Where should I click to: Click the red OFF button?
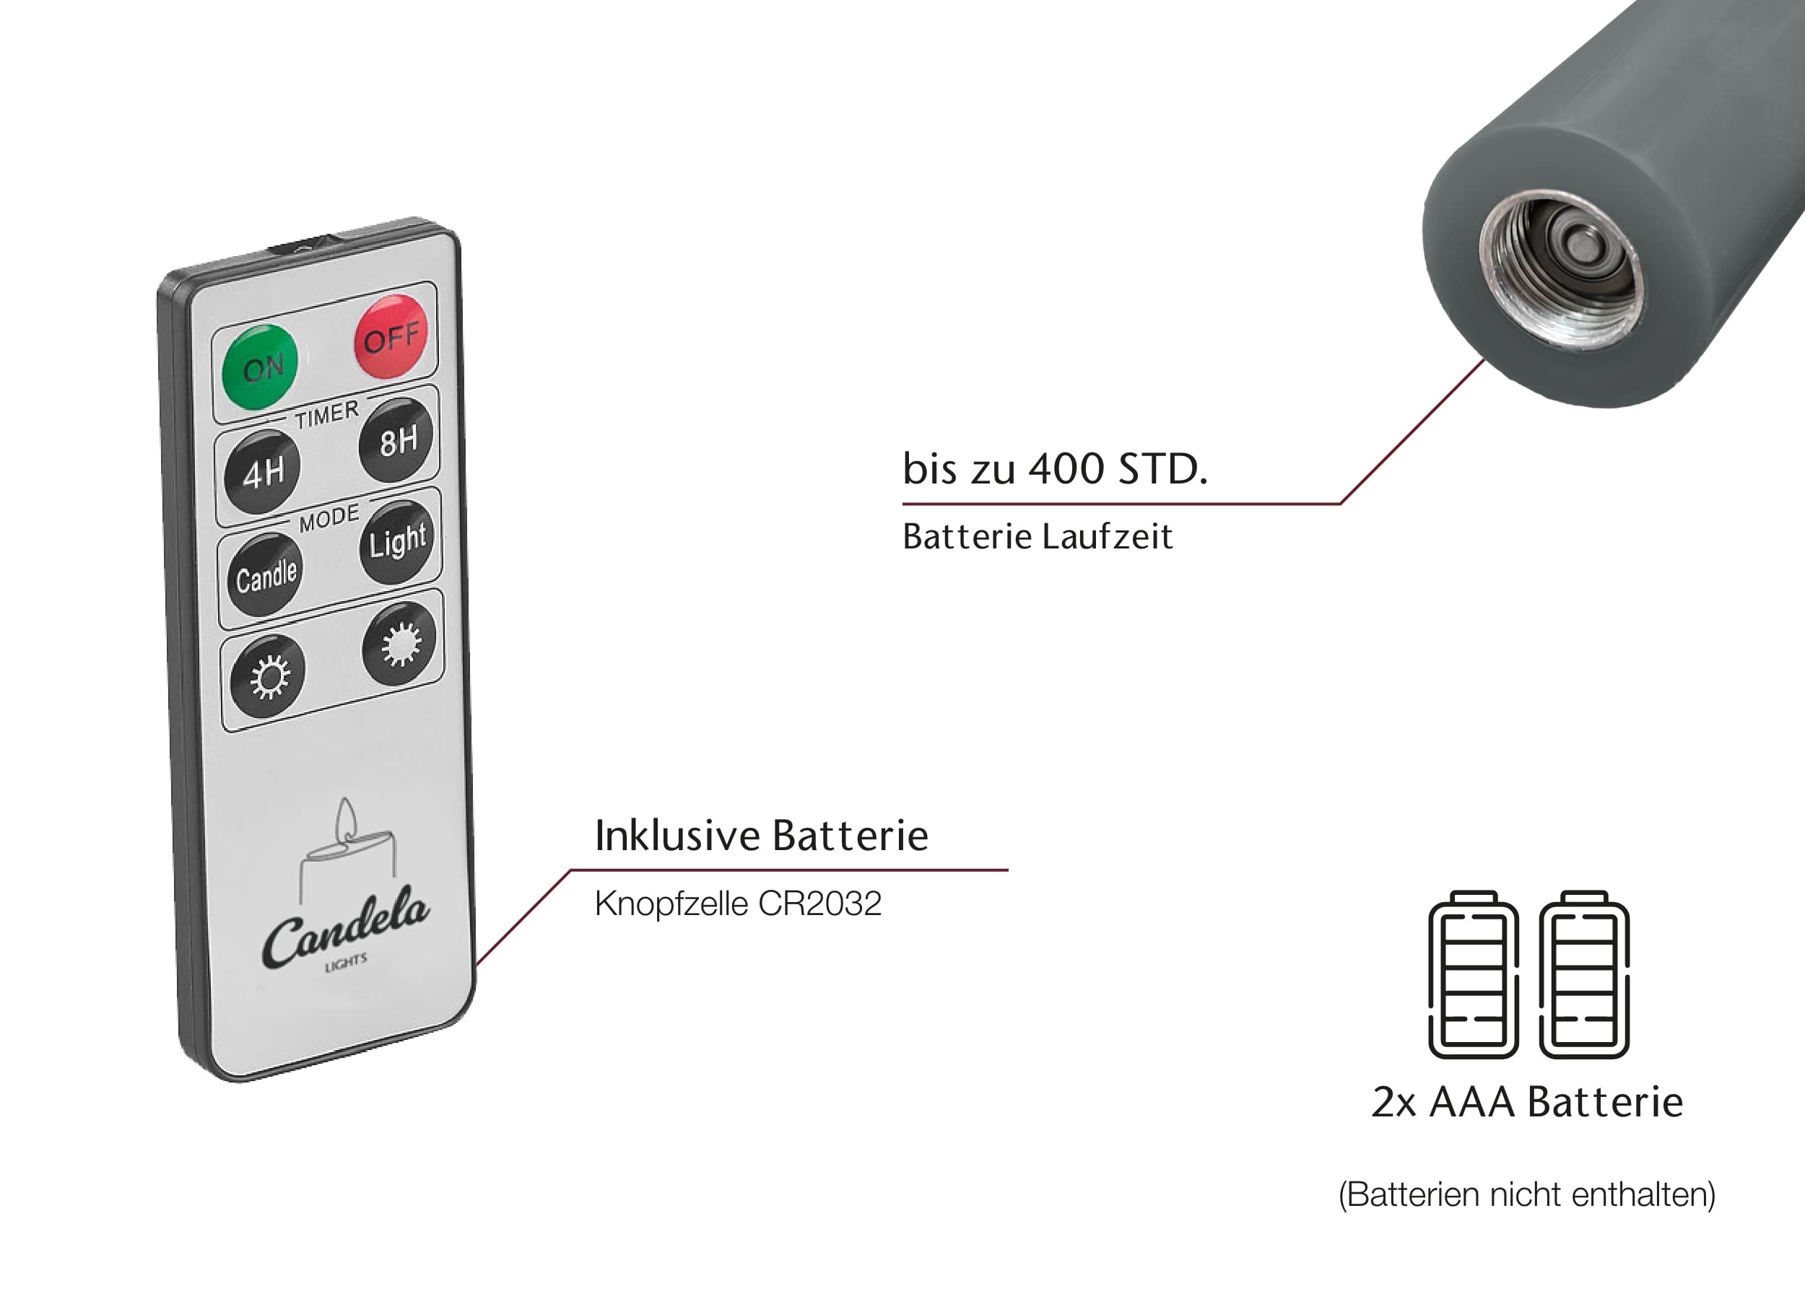[391, 336]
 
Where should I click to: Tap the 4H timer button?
[264, 472]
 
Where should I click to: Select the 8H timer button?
[397, 440]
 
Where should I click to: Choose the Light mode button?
[397, 542]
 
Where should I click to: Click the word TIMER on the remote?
[327, 414]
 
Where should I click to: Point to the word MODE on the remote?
[329, 518]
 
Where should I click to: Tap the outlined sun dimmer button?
[267, 676]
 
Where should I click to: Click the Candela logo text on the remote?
[345, 927]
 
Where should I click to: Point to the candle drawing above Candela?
[347, 845]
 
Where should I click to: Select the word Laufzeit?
[1106, 537]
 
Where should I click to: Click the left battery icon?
[1473, 974]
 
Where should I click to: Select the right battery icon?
[1584, 974]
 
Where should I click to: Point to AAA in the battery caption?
[1471, 1103]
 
